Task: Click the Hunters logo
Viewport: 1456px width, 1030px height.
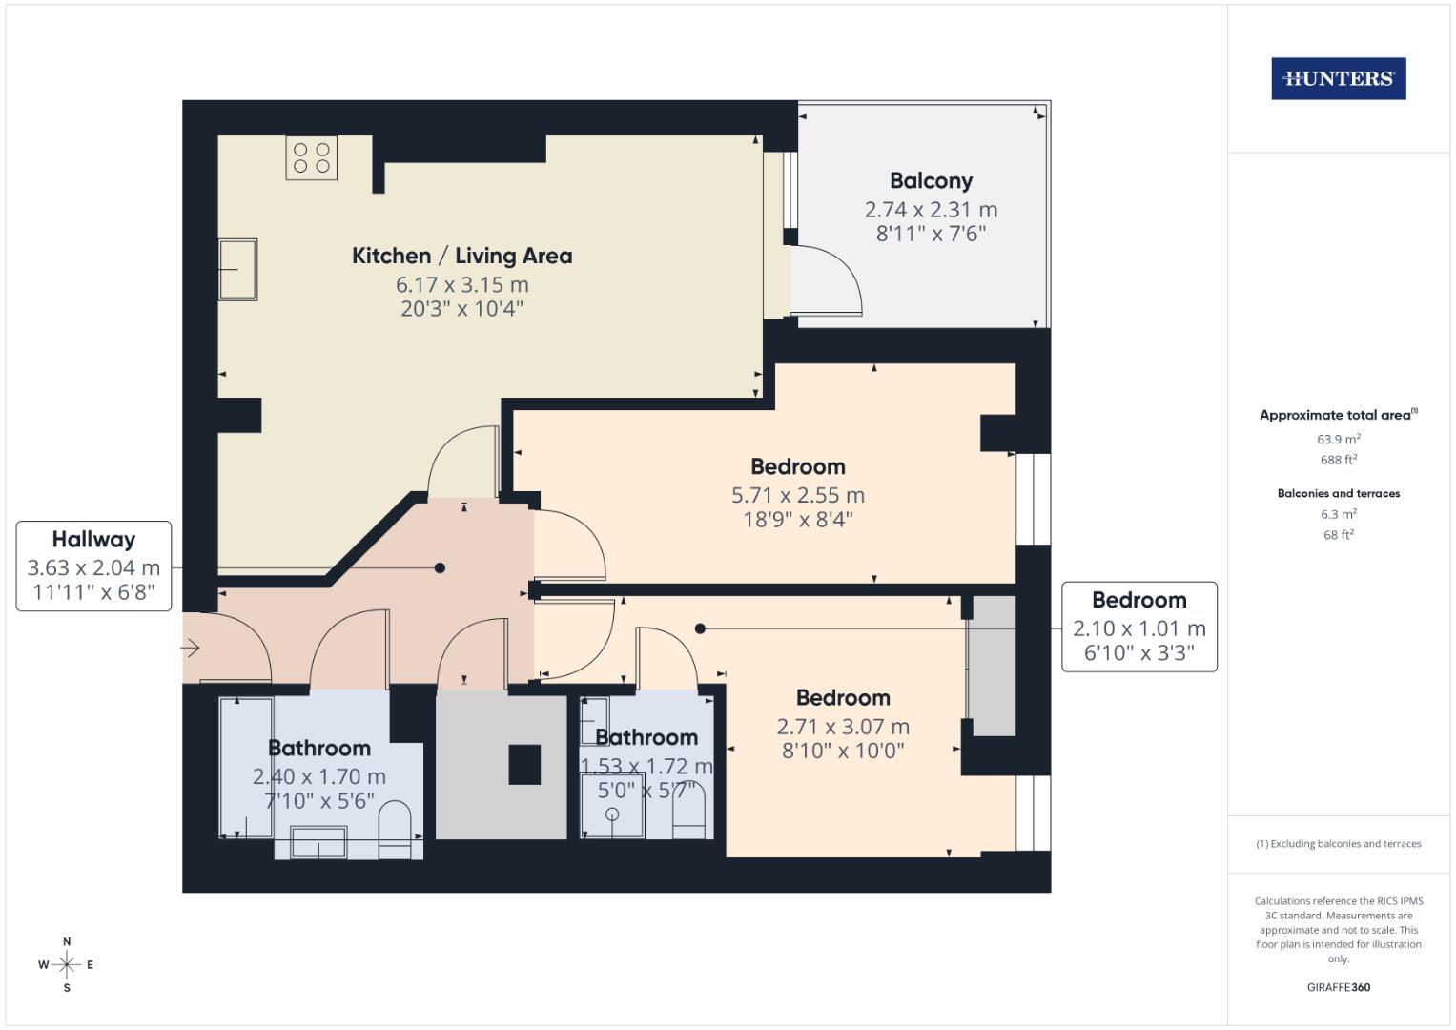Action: pyautogui.click(x=1338, y=79)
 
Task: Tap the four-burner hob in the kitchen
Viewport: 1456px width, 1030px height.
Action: pyautogui.click(x=311, y=158)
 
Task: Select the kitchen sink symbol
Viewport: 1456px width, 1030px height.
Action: pyautogui.click(x=237, y=269)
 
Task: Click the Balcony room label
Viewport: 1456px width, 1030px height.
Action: pyautogui.click(x=931, y=180)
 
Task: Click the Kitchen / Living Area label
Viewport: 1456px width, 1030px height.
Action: pyautogui.click(x=461, y=256)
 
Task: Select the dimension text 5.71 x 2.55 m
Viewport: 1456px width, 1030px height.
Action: pyautogui.click(x=797, y=495)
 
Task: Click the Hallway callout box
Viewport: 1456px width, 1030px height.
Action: pyautogui.click(x=93, y=566)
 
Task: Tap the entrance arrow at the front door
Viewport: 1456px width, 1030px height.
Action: pyautogui.click(x=190, y=649)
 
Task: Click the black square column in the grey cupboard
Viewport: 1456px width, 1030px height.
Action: pyautogui.click(x=524, y=764)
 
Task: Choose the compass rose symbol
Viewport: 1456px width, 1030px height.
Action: pyautogui.click(x=67, y=964)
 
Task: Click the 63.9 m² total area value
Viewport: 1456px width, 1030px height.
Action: pyautogui.click(x=1338, y=440)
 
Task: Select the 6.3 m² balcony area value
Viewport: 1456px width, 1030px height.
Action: pyautogui.click(x=1338, y=514)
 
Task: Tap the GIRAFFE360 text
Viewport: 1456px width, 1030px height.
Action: pyautogui.click(x=1338, y=987)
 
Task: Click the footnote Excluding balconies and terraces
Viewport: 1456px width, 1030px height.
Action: pyautogui.click(x=1338, y=844)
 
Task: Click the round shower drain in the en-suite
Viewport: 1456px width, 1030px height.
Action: pyautogui.click(x=612, y=814)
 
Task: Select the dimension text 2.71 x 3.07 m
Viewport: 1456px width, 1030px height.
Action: pyautogui.click(x=843, y=727)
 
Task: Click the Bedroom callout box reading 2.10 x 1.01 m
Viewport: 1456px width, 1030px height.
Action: pyautogui.click(x=1138, y=627)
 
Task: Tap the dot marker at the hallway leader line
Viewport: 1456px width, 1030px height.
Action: pyautogui.click(x=440, y=568)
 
